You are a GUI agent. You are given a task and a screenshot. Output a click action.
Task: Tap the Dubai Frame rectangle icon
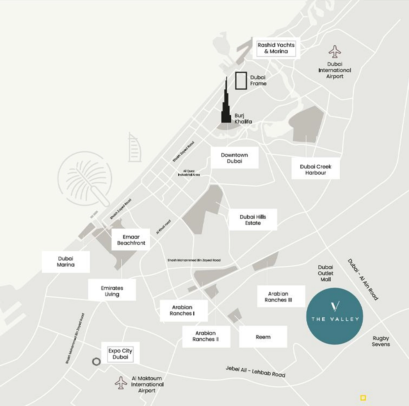(241, 81)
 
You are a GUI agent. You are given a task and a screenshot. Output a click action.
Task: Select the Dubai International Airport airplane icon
(335, 52)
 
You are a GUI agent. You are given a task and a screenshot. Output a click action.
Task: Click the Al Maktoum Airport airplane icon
(121, 383)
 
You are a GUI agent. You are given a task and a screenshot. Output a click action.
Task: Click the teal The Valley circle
(335, 316)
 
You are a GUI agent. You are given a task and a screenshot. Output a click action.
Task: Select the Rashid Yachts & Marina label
(276, 48)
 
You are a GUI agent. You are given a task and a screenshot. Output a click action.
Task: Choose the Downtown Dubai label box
(234, 158)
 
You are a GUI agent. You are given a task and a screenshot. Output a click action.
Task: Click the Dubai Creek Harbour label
(316, 170)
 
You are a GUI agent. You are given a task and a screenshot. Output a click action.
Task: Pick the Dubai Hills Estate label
(253, 220)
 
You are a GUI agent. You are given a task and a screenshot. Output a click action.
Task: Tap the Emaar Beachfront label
(131, 240)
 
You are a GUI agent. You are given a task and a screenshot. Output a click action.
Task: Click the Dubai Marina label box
(66, 262)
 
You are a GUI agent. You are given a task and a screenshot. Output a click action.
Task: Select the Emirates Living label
(112, 291)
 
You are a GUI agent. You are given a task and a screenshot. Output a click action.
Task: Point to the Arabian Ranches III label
(278, 297)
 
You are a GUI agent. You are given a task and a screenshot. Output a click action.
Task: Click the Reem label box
(263, 337)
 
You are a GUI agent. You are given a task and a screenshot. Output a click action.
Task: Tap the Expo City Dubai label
(120, 354)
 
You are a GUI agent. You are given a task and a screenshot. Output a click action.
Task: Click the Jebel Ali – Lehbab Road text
(255, 372)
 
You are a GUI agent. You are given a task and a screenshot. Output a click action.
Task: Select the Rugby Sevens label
(381, 341)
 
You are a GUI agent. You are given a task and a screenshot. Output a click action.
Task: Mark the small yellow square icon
(363, 398)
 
